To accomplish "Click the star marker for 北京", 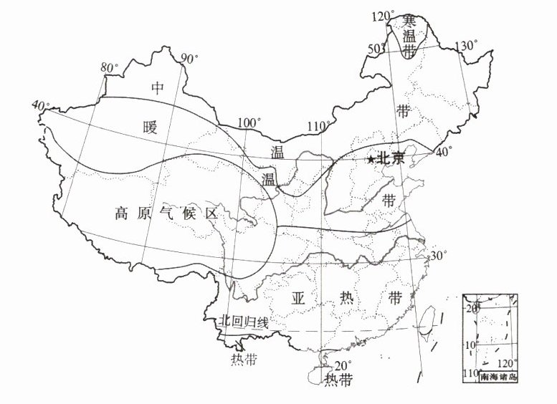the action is pyautogui.click(x=370, y=160).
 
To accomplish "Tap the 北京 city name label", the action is pyautogui.click(x=391, y=159).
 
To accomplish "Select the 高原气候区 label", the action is pyautogui.click(x=165, y=213).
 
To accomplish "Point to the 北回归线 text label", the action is pyautogui.click(x=244, y=322).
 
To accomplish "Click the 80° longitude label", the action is pyautogui.click(x=110, y=68).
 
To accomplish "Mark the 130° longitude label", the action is pyautogui.click(x=466, y=46).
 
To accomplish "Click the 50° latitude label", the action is pyautogui.click(x=376, y=48).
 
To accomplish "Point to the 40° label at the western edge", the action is pyautogui.click(x=41, y=105).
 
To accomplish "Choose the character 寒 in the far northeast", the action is pyautogui.click(x=409, y=20).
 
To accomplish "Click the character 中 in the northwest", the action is pyautogui.click(x=158, y=88).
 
